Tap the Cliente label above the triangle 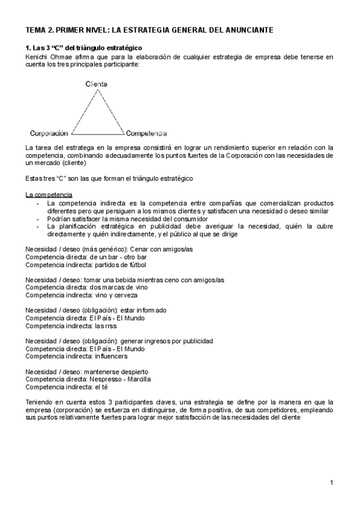(x=96, y=85)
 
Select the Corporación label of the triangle (x=49, y=133)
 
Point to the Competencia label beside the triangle (x=146, y=133)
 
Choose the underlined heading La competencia (x=49, y=194)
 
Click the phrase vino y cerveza (x=114, y=295)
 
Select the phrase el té (x=97, y=387)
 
